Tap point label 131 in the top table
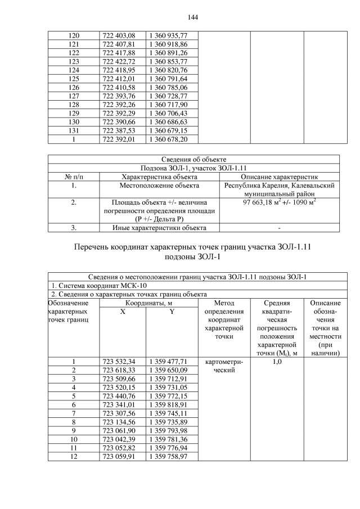(x=73, y=130)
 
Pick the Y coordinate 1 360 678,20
(x=168, y=138)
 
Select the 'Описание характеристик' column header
(x=279, y=177)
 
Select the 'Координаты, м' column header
(x=148, y=303)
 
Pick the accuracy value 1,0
(x=277, y=362)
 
